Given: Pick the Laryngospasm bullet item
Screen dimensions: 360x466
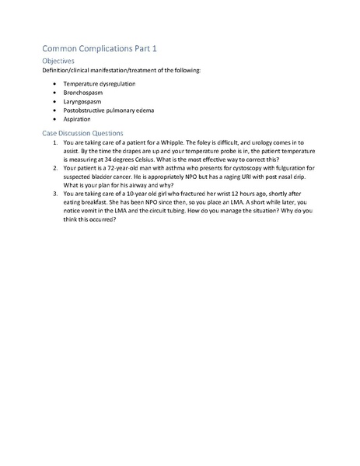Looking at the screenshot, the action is point(83,101).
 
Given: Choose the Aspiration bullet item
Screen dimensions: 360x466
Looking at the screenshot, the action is point(77,120).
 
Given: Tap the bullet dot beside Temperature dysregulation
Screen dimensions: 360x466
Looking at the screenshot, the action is point(53,82).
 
